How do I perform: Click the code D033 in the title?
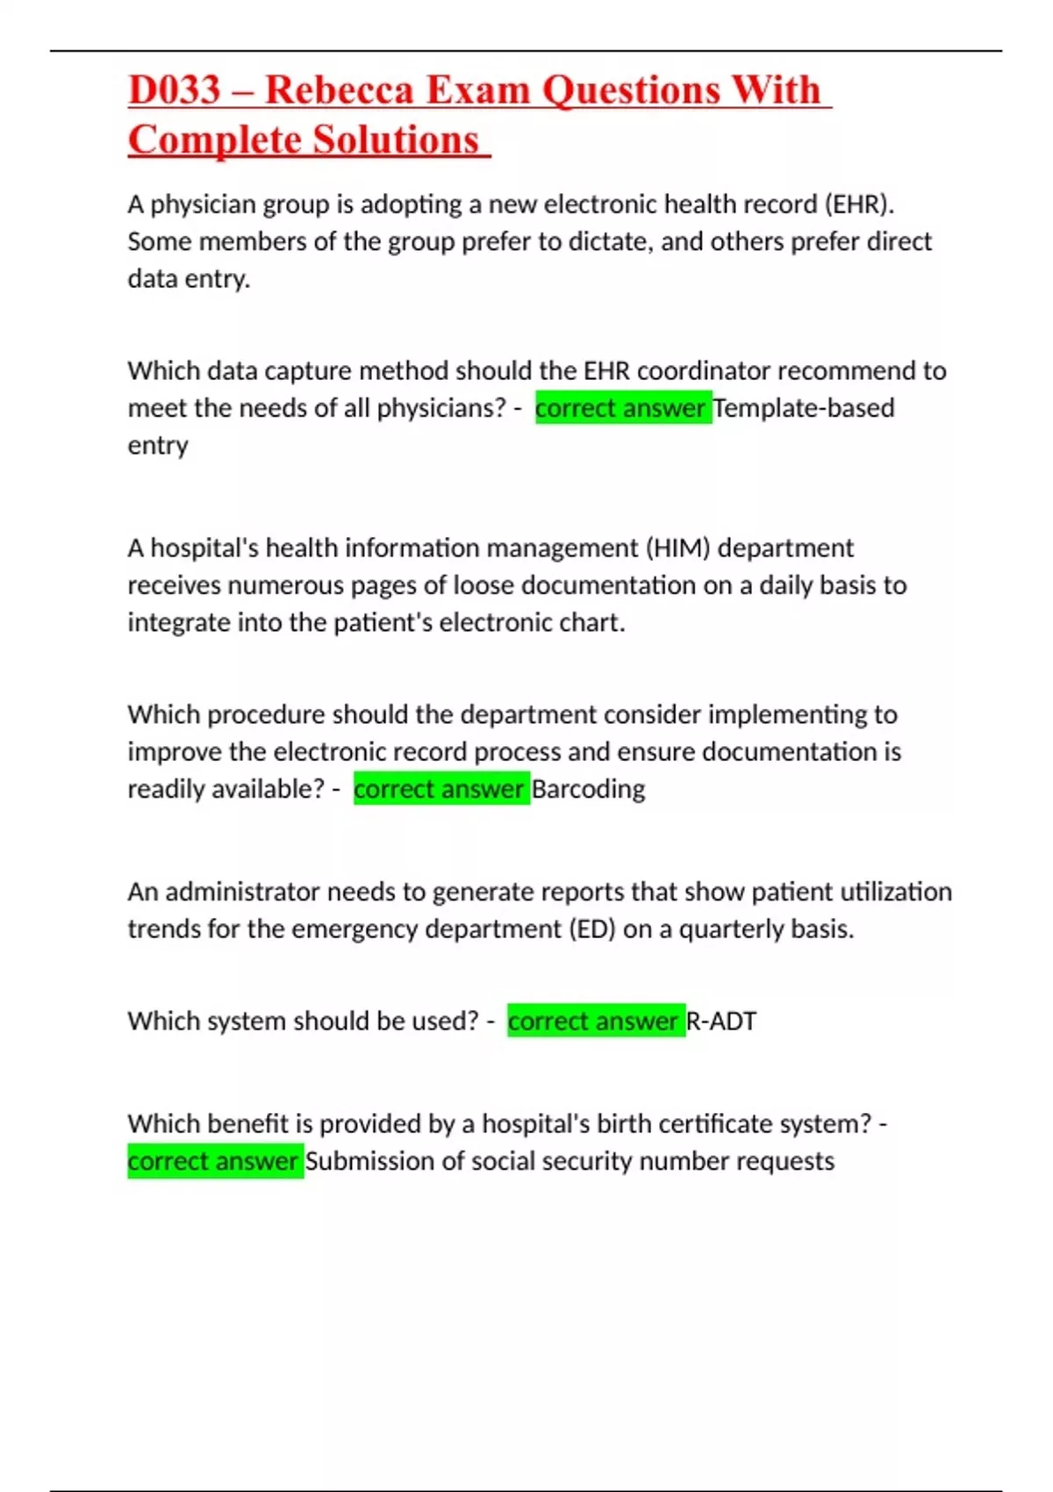click(174, 90)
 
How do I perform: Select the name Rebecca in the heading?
click(339, 90)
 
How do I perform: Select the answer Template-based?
click(804, 408)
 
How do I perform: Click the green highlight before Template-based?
click(622, 408)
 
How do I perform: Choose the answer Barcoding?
click(588, 789)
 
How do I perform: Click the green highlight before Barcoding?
click(441, 789)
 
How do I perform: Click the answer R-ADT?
click(720, 1021)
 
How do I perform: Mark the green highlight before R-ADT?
click(595, 1021)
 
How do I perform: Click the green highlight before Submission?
click(215, 1161)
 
